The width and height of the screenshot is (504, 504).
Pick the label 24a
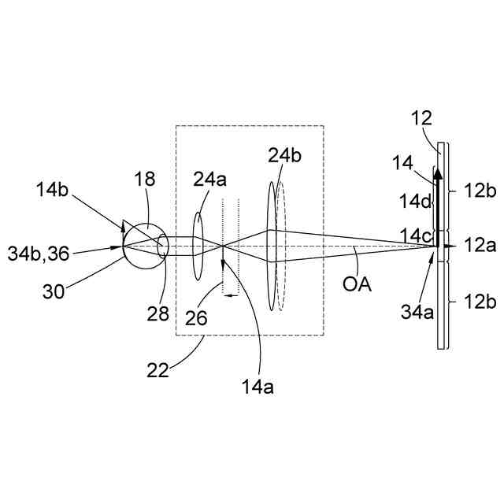tap(209, 180)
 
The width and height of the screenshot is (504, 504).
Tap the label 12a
tap(480, 246)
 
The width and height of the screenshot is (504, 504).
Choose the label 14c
tap(416, 235)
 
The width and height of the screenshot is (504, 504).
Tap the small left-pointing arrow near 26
tap(230, 295)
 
